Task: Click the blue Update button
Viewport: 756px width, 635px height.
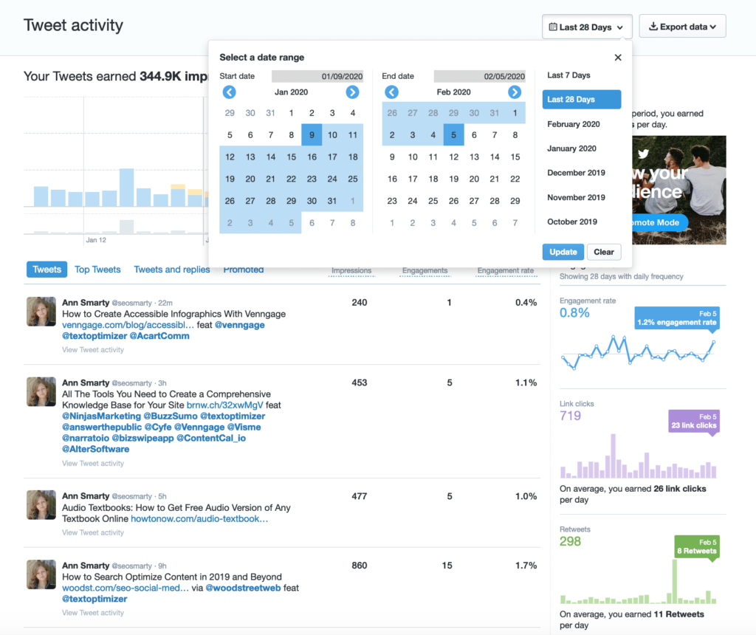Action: [x=563, y=252]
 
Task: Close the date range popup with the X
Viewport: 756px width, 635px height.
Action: [x=618, y=58]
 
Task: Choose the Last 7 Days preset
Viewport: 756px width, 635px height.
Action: [x=568, y=75]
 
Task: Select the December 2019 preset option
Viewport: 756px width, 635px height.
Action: [x=576, y=173]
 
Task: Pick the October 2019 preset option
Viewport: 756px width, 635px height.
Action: [x=572, y=222]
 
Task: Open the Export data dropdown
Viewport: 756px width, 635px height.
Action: [x=682, y=27]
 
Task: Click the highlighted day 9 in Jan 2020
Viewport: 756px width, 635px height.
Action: [x=312, y=135]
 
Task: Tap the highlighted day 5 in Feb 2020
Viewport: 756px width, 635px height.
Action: [x=454, y=135]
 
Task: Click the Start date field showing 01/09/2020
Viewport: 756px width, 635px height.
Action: [x=317, y=76]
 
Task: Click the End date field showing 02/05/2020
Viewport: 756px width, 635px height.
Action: [x=479, y=76]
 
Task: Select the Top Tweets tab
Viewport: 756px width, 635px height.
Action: [x=97, y=270]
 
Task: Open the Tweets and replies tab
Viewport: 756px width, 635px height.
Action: [x=172, y=270]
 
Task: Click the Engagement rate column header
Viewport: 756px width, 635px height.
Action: [x=505, y=271]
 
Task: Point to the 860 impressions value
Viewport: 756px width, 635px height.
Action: [x=360, y=566]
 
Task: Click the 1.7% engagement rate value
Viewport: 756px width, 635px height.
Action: [x=526, y=566]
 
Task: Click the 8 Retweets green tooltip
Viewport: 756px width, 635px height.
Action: [x=696, y=546]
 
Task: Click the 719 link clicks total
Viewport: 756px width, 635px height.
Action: [x=571, y=416]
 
